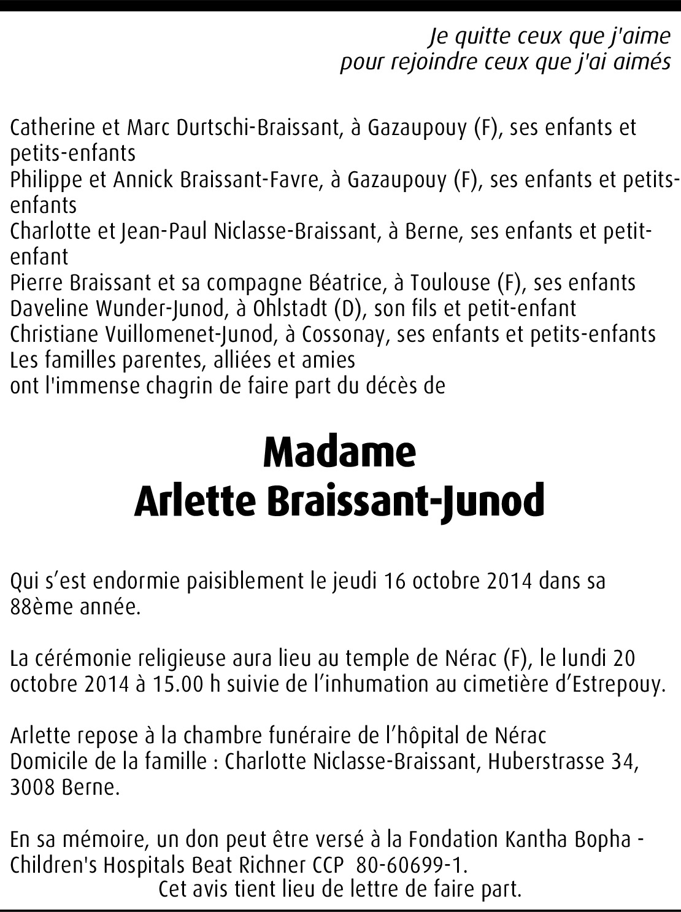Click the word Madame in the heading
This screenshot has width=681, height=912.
339,452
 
